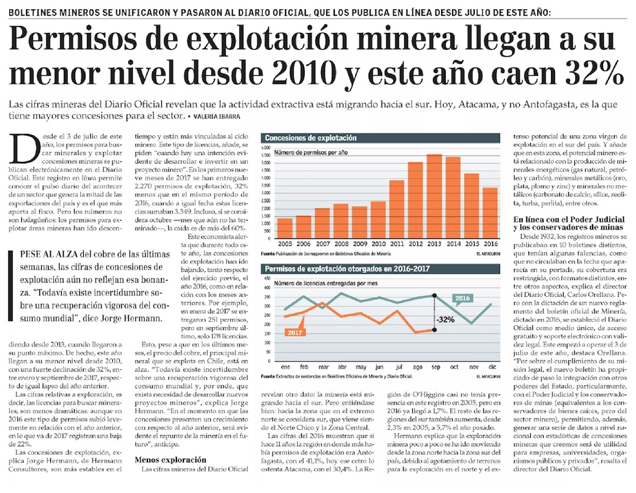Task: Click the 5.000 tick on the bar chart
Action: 267,163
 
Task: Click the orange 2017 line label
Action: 294,332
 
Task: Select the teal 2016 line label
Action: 462,299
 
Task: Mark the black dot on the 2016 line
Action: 434,296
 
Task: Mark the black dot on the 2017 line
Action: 434,330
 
